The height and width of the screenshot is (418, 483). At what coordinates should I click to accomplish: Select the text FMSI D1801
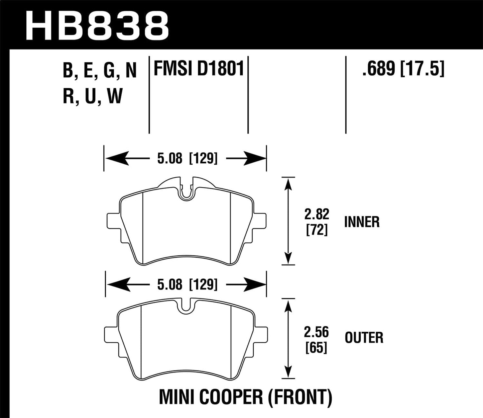[199, 70]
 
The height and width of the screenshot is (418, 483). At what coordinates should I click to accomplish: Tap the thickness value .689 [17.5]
[403, 70]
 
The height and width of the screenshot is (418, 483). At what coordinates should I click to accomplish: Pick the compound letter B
[68, 71]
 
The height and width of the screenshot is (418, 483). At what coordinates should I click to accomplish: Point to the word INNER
[362, 222]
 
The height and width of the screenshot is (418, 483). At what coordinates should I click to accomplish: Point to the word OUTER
[364, 338]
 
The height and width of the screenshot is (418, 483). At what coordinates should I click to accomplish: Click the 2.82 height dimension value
[317, 214]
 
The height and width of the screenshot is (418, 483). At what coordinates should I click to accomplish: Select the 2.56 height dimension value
[316, 332]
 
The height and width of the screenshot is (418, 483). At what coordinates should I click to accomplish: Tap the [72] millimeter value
[317, 230]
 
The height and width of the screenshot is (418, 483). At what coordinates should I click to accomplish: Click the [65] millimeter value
[316, 348]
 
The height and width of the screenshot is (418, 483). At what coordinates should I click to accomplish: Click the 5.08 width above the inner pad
[170, 158]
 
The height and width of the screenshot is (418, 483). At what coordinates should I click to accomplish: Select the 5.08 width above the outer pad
[170, 284]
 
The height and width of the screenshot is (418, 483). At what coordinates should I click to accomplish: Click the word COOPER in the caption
[231, 397]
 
